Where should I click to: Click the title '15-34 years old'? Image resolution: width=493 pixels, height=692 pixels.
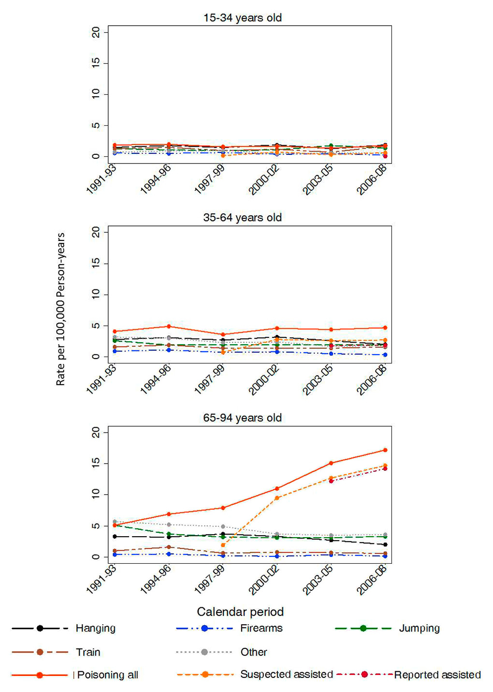click(x=242, y=18)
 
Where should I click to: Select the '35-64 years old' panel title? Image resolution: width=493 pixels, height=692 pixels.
click(x=242, y=218)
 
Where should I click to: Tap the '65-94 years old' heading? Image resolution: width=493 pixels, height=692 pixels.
click(x=242, y=418)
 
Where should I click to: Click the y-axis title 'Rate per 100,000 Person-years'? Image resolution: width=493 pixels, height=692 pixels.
click(x=60, y=309)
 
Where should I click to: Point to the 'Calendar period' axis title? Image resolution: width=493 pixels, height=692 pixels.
click(x=240, y=612)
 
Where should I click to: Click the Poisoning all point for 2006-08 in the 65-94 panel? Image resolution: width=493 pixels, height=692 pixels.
click(x=385, y=450)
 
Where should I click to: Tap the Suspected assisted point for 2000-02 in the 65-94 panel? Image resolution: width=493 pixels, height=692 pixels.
click(x=277, y=498)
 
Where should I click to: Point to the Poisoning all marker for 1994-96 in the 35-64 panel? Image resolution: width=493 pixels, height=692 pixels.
click(x=169, y=326)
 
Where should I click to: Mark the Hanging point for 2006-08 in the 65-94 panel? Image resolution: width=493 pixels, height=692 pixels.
click(x=385, y=544)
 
